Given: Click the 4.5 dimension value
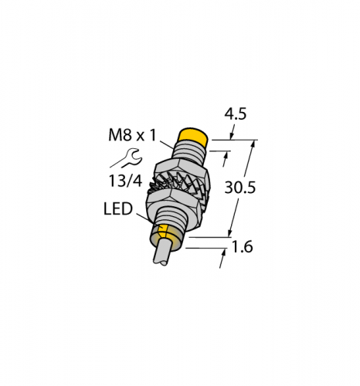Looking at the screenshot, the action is tap(236, 114).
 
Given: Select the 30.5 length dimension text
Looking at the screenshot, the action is tap(240, 187).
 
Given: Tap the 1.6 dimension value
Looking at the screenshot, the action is tap(243, 247).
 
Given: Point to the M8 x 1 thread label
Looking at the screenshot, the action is tap(132, 135).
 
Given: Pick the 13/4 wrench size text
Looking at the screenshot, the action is tap(125, 181).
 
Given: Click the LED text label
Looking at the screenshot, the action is tap(118, 208).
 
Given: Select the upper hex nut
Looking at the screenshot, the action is tap(182, 171).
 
